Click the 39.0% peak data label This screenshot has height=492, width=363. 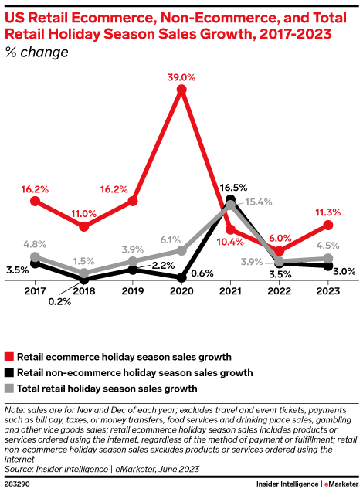[x=181, y=77]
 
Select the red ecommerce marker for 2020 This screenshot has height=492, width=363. [x=181, y=90]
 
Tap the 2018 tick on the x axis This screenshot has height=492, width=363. [x=83, y=291]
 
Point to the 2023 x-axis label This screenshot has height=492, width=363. [x=327, y=291]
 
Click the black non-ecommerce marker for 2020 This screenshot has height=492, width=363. [x=181, y=277]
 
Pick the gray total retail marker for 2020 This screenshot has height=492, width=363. [x=181, y=250]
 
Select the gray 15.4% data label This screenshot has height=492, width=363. [x=258, y=202]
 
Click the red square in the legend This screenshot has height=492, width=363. [x=9, y=357]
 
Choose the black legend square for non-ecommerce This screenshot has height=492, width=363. [x=9, y=372]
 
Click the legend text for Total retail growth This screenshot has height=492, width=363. [x=107, y=388]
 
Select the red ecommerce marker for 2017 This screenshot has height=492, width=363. [x=35, y=201]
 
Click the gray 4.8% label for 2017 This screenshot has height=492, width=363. [x=35, y=244]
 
